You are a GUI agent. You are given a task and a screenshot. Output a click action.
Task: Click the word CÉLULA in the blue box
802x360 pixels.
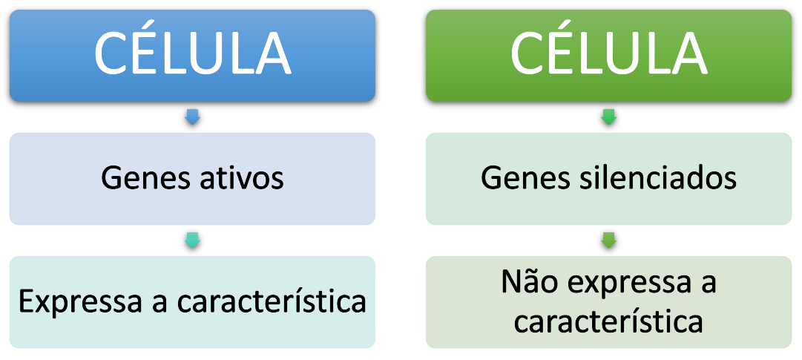pyautogui.click(x=192, y=53)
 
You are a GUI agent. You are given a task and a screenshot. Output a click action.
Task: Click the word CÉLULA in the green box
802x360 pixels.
pyautogui.click(x=608, y=53)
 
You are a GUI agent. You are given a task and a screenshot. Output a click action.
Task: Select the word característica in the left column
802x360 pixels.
pyautogui.click(x=272, y=302)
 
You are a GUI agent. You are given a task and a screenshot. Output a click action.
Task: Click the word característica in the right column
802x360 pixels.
pyautogui.click(x=608, y=321)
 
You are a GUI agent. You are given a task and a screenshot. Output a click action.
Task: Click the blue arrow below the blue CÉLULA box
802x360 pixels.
pyautogui.click(x=192, y=117)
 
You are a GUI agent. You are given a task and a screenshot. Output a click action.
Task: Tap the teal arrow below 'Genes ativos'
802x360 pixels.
pyautogui.click(x=192, y=240)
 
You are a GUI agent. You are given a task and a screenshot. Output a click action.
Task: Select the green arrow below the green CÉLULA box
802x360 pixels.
pyautogui.click(x=608, y=117)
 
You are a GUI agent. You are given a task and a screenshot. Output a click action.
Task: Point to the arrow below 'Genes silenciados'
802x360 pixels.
pyautogui.click(x=608, y=240)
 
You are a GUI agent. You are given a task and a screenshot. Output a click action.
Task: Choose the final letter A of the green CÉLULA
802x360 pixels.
pyautogui.click(x=684, y=53)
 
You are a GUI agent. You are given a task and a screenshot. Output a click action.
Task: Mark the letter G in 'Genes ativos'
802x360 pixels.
pyautogui.click(x=111, y=179)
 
